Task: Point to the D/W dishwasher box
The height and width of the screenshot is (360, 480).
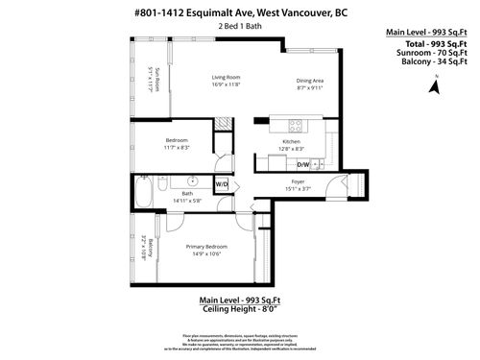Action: (x=305, y=164)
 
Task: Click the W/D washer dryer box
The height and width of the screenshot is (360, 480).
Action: (x=221, y=183)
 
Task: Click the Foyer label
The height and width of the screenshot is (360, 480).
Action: (x=297, y=182)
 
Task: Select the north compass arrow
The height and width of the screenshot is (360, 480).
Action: (x=433, y=86)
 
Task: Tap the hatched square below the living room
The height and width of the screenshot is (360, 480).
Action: (x=223, y=122)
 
